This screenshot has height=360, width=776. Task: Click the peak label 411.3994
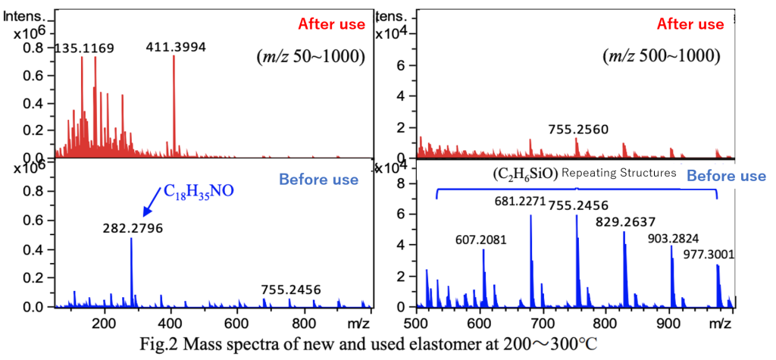176,49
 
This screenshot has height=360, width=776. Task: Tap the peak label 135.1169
84,49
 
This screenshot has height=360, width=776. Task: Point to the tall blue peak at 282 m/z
131,273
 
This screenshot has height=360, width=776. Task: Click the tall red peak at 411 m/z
174,106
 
